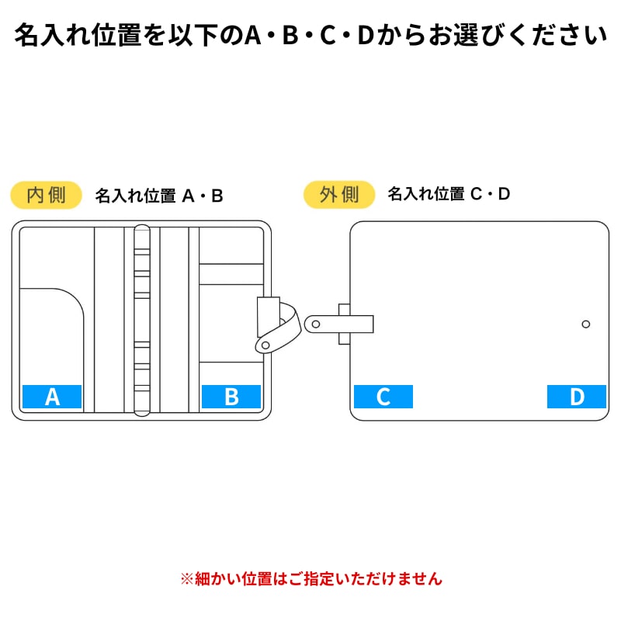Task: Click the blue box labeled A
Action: (x=52, y=397)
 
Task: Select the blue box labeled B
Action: (x=231, y=397)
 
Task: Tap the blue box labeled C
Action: (x=383, y=397)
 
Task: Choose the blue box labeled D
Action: (x=577, y=397)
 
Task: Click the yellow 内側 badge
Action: (x=46, y=195)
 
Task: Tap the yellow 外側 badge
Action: (x=339, y=195)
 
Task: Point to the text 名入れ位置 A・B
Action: (x=159, y=196)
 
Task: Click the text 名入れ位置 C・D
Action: (x=449, y=193)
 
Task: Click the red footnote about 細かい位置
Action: (x=311, y=578)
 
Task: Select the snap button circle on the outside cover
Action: (x=586, y=324)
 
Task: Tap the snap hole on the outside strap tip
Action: (x=316, y=324)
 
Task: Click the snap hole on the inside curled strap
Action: (x=265, y=345)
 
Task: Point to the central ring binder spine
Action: (x=142, y=321)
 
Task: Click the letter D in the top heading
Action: (x=366, y=35)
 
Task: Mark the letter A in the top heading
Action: (x=253, y=35)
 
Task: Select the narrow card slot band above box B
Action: (x=231, y=274)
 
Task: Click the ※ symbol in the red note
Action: (x=187, y=579)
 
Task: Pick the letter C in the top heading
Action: (x=328, y=35)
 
